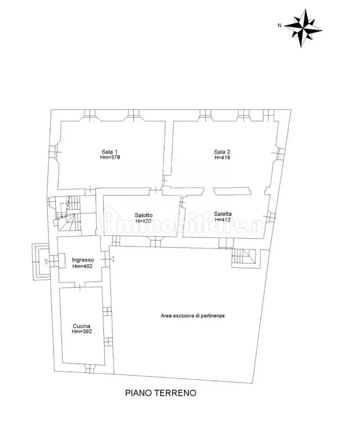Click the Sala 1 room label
(x=110, y=152)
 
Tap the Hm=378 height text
(x=110, y=157)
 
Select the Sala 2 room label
(x=222, y=152)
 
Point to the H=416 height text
(x=222, y=157)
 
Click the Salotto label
(x=144, y=215)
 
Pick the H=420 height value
(x=144, y=221)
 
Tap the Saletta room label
(x=222, y=214)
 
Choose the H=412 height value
(x=222, y=219)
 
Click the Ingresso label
(x=83, y=260)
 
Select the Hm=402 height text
(x=82, y=266)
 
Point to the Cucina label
(x=82, y=326)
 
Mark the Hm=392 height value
(x=82, y=332)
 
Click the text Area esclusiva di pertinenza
(x=192, y=316)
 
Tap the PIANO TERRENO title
(x=160, y=393)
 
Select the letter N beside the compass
(x=279, y=25)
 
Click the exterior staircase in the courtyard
(x=244, y=256)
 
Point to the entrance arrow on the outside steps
(x=47, y=262)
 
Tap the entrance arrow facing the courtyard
(x=112, y=259)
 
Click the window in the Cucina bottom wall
(x=90, y=369)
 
